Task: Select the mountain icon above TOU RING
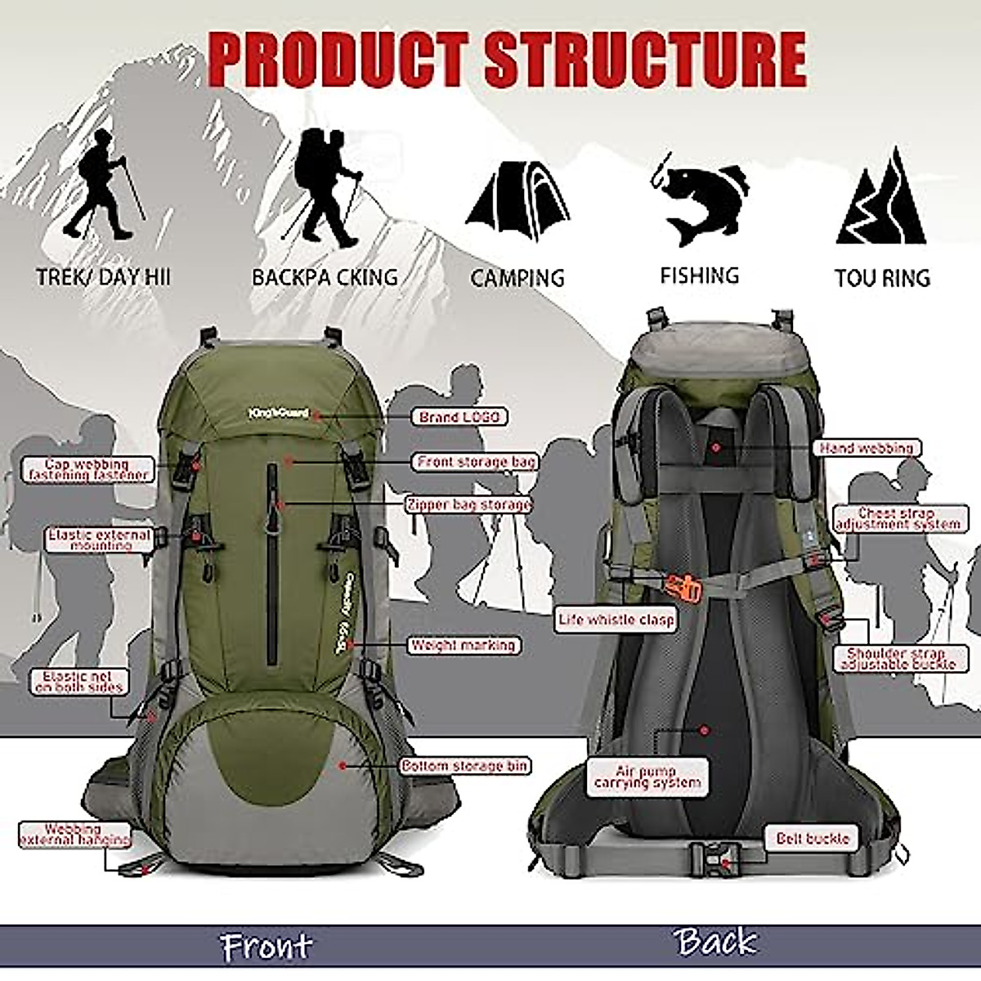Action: pos(882,199)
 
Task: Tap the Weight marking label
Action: pos(464,645)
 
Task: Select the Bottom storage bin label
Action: pos(464,766)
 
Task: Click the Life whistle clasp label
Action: pos(616,619)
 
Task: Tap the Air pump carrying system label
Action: pos(647,777)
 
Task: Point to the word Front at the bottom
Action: pos(267,946)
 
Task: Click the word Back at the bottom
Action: pos(717,942)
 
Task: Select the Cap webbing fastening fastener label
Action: pos(87,469)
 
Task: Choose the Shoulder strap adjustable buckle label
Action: pos(895,659)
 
